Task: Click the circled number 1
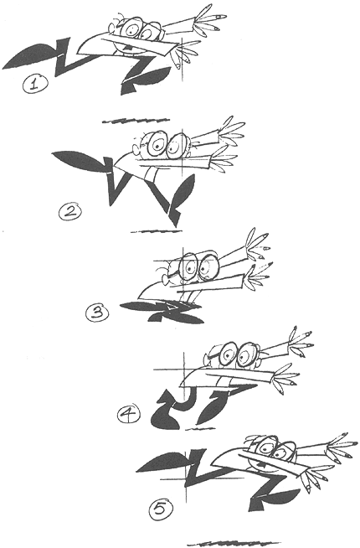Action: (34, 85)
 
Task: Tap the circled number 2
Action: (69, 212)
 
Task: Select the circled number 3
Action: (97, 312)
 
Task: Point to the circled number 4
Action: (128, 414)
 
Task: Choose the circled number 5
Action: (160, 509)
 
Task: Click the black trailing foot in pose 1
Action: (32, 55)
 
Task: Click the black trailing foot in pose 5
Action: (165, 463)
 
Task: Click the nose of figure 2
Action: (136, 150)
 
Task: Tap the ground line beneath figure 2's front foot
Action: (157, 230)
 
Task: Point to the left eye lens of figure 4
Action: (228, 354)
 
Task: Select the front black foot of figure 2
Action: (182, 193)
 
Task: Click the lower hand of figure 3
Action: (257, 277)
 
